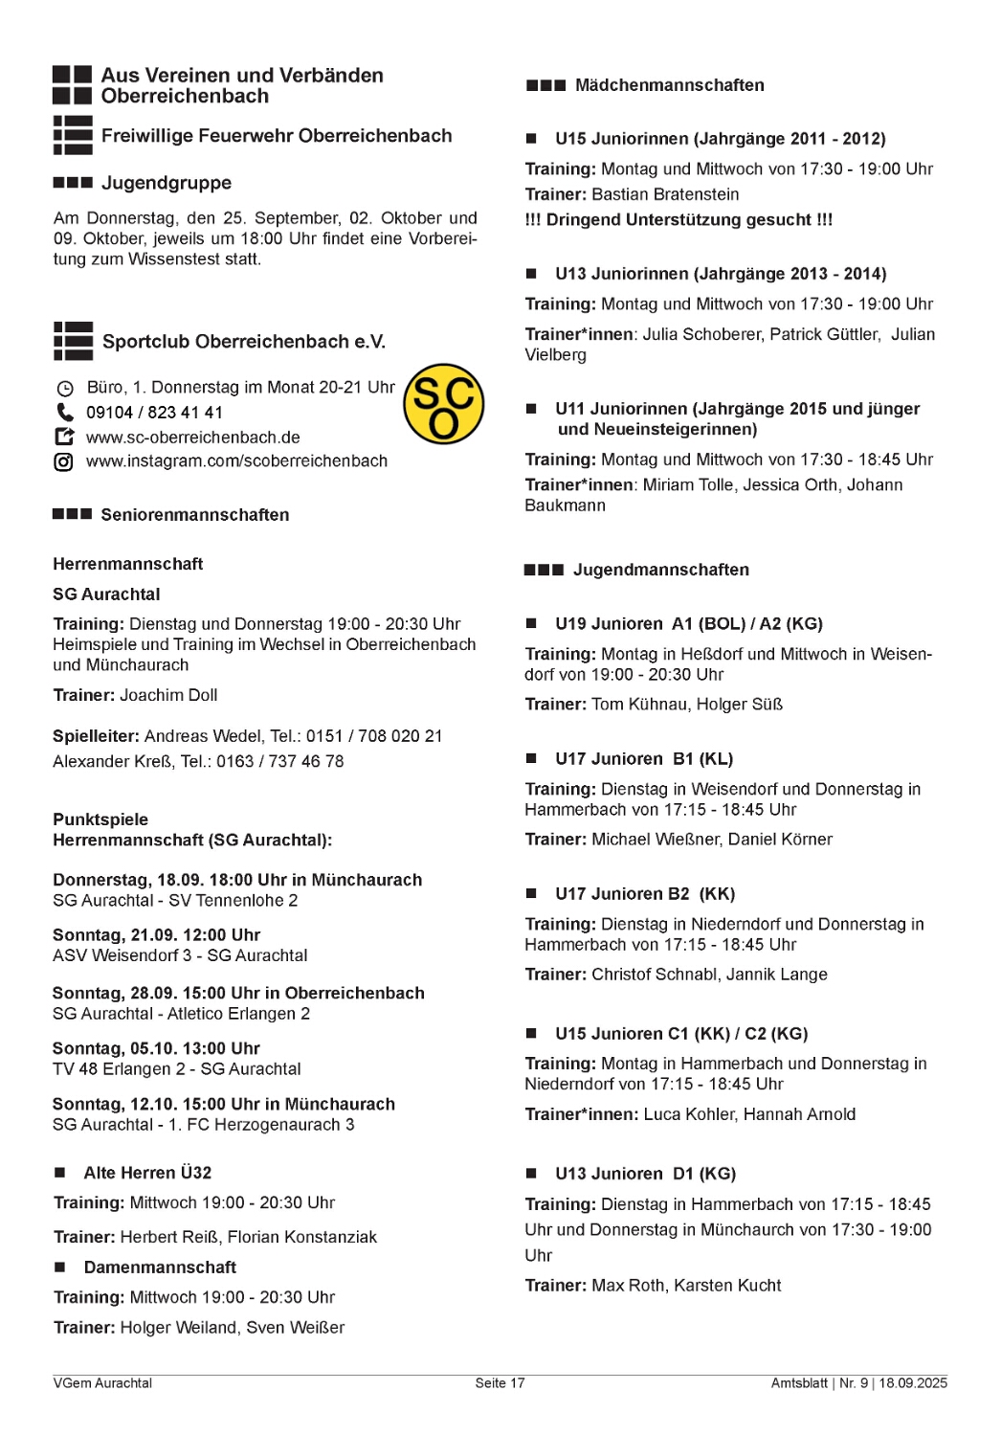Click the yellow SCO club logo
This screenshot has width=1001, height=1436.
[x=443, y=404]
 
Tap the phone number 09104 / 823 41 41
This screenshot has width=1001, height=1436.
[x=154, y=413]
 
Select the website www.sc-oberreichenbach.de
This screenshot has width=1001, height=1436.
[x=192, y=438]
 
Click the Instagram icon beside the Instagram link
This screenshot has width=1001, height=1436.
[x=64, y=462]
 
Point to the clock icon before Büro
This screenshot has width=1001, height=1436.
[x=65, y=389]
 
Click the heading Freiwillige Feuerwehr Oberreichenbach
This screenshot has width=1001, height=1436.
[x=277, y=136]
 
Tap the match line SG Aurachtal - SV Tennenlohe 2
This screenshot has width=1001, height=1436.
[x=175, y=901]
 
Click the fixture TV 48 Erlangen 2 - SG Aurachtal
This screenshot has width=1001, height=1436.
[x=177, y=1069]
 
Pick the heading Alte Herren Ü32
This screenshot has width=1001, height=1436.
[x=147, y=1173]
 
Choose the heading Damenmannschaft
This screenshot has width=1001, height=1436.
[x=160, y=1268]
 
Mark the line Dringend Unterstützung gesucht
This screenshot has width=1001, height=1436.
[x=678, y=220]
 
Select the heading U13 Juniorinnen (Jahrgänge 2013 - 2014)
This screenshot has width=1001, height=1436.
[x=721, y=274]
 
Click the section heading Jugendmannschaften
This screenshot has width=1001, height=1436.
[x=660, y=570]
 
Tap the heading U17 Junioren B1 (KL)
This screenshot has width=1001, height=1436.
[x=643, y=759]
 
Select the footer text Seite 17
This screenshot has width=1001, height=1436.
[x=500, y=1383]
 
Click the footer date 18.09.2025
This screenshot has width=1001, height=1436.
[x=913, y=1383]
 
